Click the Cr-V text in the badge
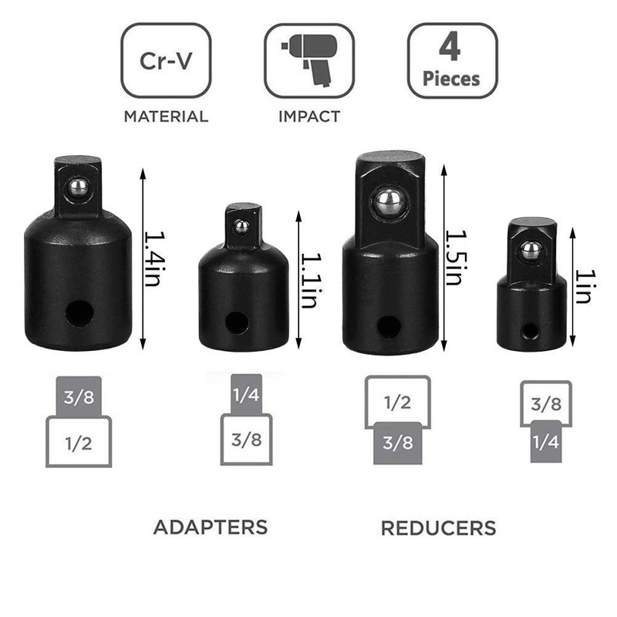pyautogui.click(x=166, y=61)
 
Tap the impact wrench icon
pyautogui.click(x=311, y=59)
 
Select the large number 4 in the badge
pyautogui.click(x=450, y=47)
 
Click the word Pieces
pyautogui.click(x=451, y=79)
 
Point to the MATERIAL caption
pyautogui.click(x=166, y=116)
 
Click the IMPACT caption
pyautogui.click(x=309, y=116)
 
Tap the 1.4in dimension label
pyautogui.click(x=153, y=258)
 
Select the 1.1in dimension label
pyautogui.click(x=310, y=280)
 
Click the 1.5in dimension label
pyautogui.click(x=456, y=258)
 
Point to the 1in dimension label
pyautogui.click(x=584, y=286)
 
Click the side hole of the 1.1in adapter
pyautogui.click(x=237, y=322)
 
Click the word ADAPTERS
pyautogui.click(x=211, y=528)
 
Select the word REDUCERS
pyautogui.click(x=438, y=528)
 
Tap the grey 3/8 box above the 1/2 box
pyautogui.click(x=79, y=396)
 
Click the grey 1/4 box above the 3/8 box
pyautogui.click(x=246, y=394)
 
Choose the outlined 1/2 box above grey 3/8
pyautogui.click(x=398, y=400)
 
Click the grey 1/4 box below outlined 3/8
pyautogui.click(x=546, y=441)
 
